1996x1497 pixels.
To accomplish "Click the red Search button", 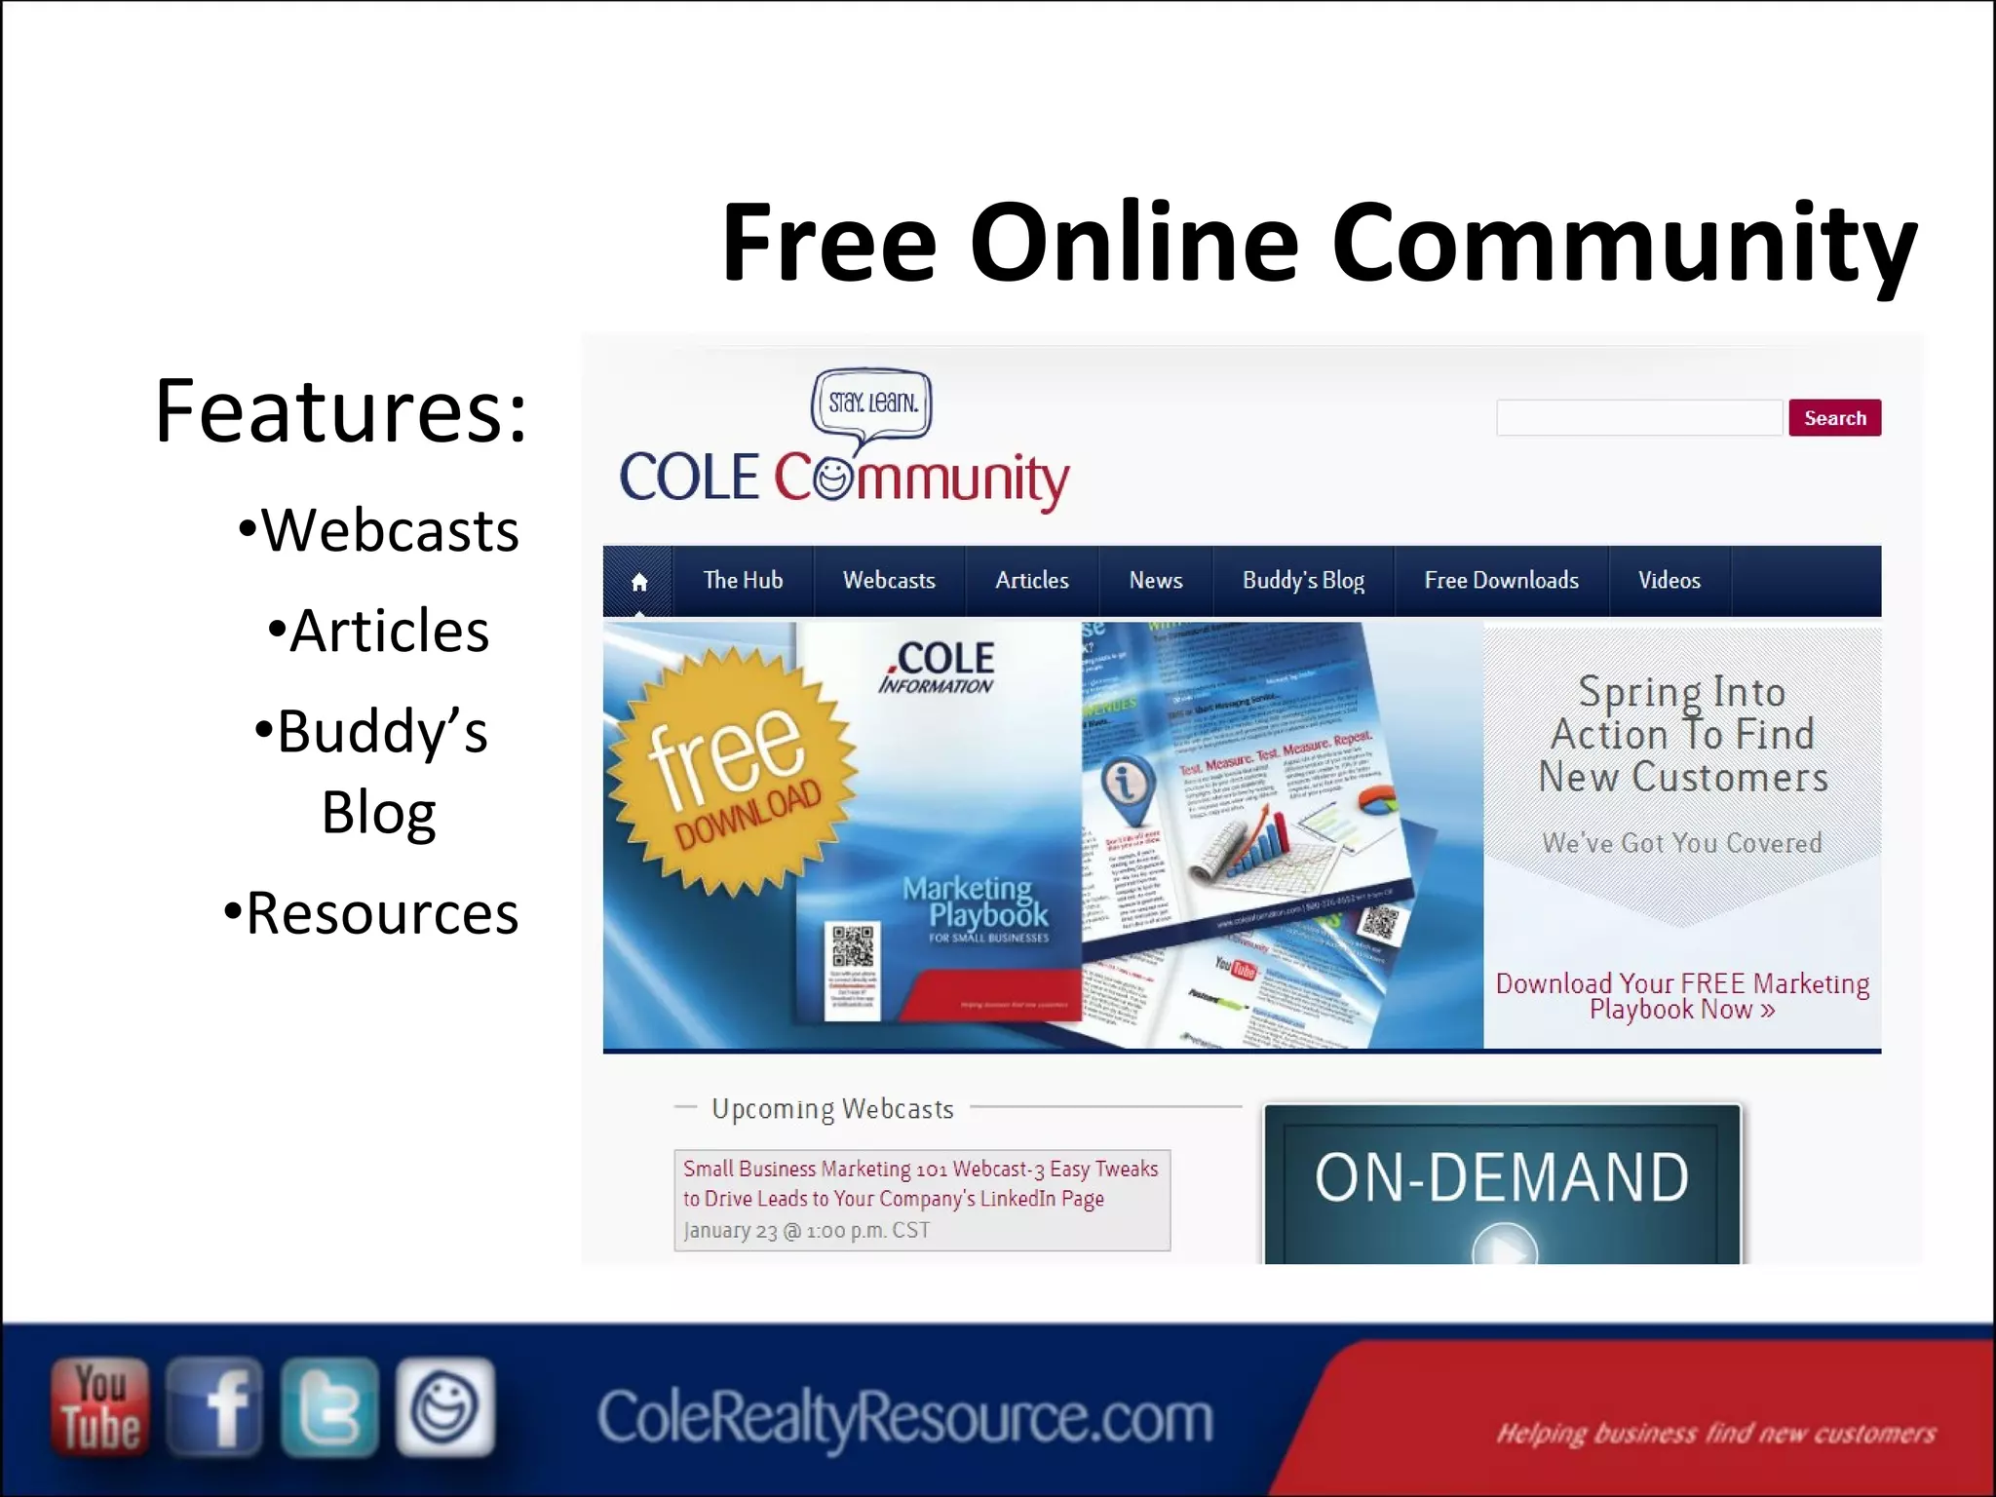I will pos(1833,418).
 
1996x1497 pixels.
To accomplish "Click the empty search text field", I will pos(1638,418).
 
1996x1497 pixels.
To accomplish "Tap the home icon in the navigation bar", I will pos(639,582).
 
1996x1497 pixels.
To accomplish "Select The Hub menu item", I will pos(743,581).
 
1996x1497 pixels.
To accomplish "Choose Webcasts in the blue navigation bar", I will pos(889,581).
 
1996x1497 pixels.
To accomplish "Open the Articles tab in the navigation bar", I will pos(1031,581).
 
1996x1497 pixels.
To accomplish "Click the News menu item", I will pos(1155,581).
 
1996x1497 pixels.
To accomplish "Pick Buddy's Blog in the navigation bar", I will pos(1303,581).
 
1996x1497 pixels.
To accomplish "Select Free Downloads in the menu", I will pos(1501,581).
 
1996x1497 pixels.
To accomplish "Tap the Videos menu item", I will pos(1669,581).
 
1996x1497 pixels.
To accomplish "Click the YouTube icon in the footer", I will pos(100,1406).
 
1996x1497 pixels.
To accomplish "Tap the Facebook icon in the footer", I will pos(214,1406).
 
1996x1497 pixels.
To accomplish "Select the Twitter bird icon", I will pos(329,1406).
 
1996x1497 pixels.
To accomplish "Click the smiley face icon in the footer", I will pos(444,1406).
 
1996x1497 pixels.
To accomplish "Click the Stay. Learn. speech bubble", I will pos(871,403).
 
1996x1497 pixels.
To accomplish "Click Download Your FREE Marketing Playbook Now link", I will pos(1682,996).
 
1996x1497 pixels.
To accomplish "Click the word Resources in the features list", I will pos(382,913).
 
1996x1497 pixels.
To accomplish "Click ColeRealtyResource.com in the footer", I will pos(904,1417).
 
